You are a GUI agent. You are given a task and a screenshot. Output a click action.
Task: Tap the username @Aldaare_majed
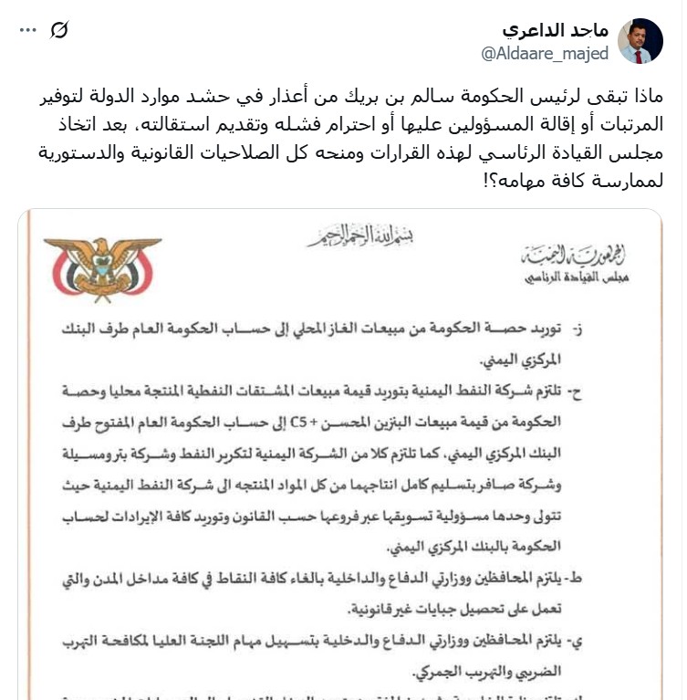coord(545,54)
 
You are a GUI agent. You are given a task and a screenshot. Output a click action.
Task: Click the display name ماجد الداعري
coord(555,30)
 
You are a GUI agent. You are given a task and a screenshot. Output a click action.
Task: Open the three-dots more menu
coord(27,30)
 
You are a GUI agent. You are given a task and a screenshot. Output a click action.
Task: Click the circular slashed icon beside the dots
coord(59,30)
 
